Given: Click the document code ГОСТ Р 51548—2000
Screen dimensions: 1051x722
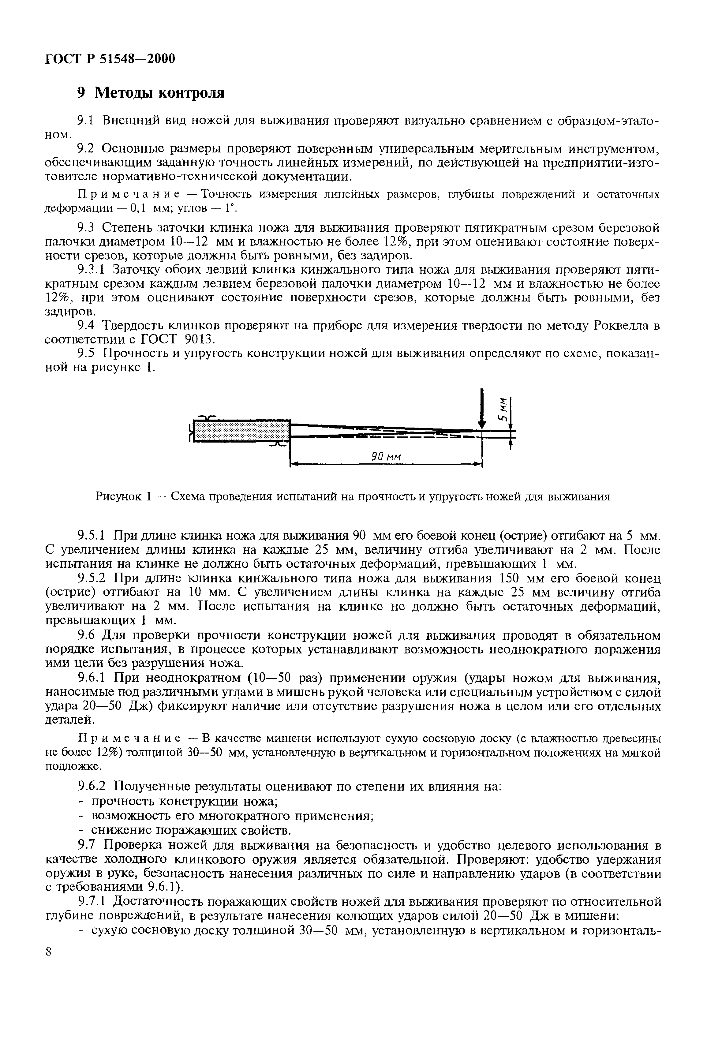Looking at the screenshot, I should coord(110,59).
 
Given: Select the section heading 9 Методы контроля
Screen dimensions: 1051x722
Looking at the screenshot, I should coord(151,93).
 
